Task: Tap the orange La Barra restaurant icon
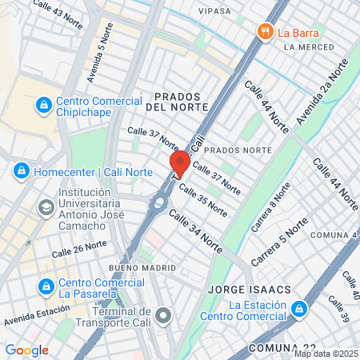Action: [265, 32]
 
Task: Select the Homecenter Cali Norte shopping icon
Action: [20, 170]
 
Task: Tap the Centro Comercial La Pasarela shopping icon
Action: [46, 285]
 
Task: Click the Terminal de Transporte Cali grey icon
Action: [164, 316]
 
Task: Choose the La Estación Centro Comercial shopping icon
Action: [298, 308]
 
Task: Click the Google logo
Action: [26, 350]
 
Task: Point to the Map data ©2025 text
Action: [326, 354]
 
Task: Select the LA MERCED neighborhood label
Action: [307, 47]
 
